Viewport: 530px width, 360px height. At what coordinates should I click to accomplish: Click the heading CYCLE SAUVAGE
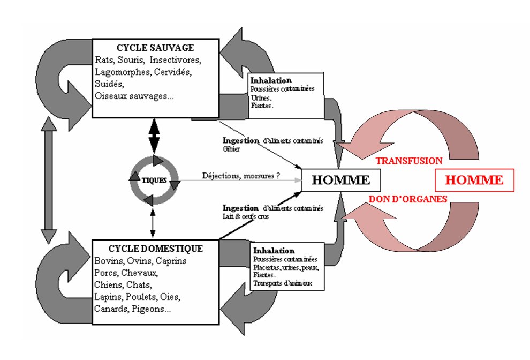click(x=155, y=48)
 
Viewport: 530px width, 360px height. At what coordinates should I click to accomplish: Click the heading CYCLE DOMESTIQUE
click(x=155, y=249)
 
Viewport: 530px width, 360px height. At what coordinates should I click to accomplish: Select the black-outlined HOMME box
click(x=341, y=180)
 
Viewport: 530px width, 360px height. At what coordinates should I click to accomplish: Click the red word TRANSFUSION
click(x=409, y=161)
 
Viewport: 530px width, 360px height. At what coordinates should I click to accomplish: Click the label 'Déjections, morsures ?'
click(x=241, y=175)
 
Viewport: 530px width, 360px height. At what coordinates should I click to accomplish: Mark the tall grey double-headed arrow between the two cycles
click(x=49, y=181)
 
